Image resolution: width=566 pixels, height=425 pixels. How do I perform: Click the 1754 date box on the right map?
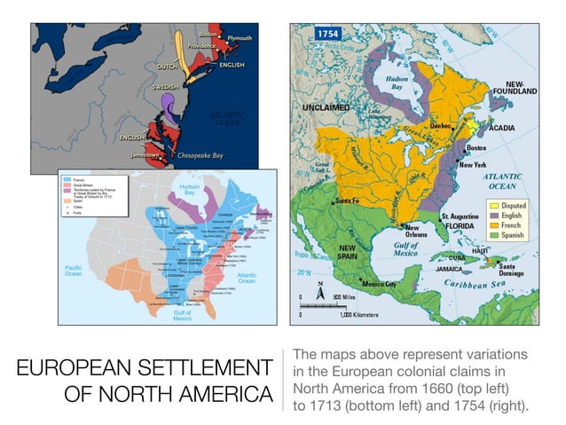coord(325,33)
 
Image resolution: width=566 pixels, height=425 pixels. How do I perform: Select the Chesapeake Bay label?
coord(194,154)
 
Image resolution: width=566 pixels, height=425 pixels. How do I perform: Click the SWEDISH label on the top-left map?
coord(163,87)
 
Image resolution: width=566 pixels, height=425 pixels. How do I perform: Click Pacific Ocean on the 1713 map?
coord(73,270)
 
